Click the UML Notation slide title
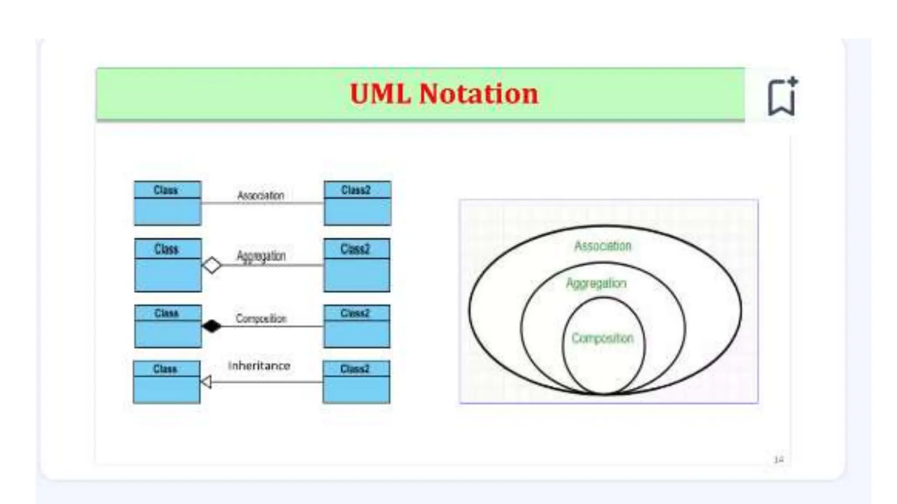coord(444,94)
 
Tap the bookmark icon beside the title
coord(782,97)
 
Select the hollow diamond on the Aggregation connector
coord(212,265)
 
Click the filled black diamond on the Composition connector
coord(212,326)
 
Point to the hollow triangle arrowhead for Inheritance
coord(206,382)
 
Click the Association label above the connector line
coord(261,195)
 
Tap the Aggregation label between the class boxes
coord(261,255)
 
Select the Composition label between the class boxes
coord(261,318)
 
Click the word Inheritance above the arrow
coord(259,366)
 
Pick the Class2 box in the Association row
coord(357,203)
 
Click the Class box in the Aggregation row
coord(168,265)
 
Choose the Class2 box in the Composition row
coord(357,326)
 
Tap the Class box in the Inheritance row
coord(166,382)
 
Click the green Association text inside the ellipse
coord(603,246)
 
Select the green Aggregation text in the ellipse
coord(596,283)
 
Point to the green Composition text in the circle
coord(603,338)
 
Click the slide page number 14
coord(778,459)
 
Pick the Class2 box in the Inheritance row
coord(356,382)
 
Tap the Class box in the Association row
coord(167,203)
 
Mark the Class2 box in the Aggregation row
coord(357,265)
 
